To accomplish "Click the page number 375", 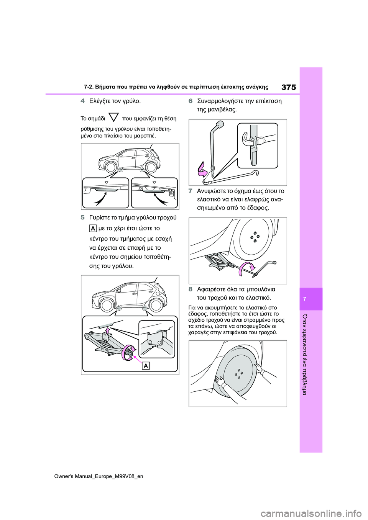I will [x=288, y=87].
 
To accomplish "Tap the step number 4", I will [x=83, y=101].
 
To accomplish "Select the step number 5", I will [x=83, y=217].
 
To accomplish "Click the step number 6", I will [x=191, y=101].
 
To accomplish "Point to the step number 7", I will [x=191, y=191].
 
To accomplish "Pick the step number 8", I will [x=191, y=289].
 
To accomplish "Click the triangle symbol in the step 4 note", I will [x=113, y=118].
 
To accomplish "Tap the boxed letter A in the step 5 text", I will [x=93, y=229].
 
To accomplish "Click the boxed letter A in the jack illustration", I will [x=146, y=366].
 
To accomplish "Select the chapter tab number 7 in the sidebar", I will [x=305, y=299].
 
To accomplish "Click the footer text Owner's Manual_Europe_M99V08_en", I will [x=99, y=476].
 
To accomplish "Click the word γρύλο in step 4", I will [x=131, y=101].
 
